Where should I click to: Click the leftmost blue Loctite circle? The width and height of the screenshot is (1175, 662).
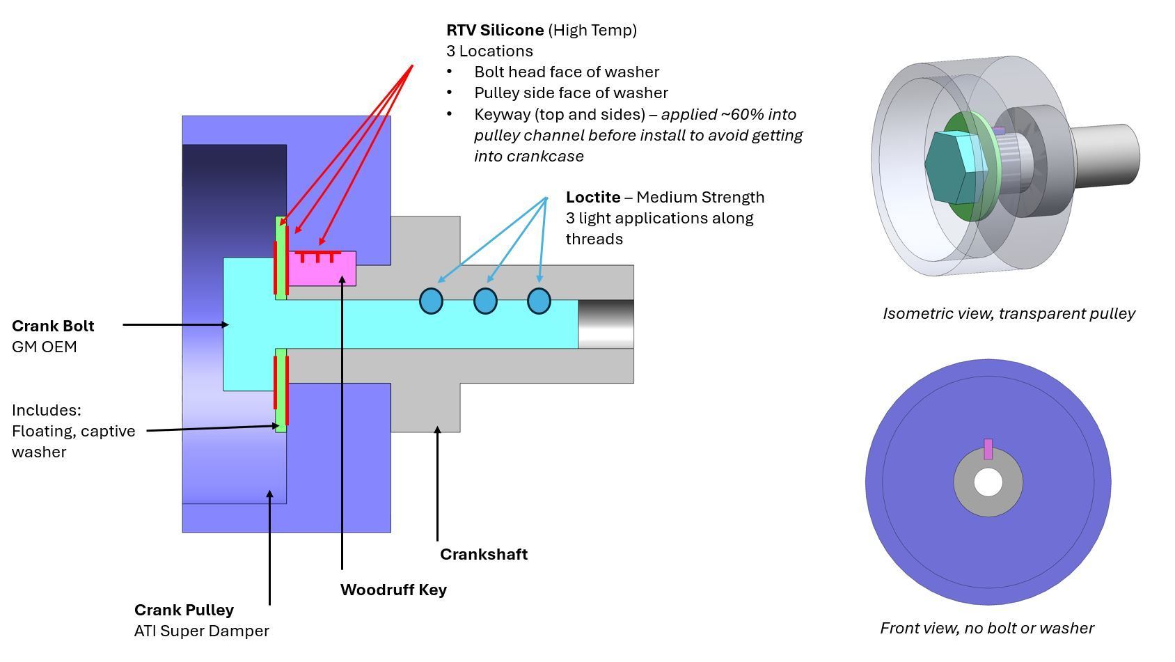[431, 301]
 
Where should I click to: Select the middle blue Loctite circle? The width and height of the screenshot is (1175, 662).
[485, 301]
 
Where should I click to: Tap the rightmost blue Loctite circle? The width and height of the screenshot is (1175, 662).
[539, 301]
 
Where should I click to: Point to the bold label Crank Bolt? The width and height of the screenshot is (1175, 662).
[53, 326]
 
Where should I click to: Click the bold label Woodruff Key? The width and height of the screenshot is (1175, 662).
[393, 590]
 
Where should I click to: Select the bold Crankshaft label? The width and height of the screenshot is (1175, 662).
[484, 554]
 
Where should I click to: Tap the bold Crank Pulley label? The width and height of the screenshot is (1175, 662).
[184, 610]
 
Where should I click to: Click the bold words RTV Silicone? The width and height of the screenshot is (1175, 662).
[495, 30]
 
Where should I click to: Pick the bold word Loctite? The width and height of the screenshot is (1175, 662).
[593, 197]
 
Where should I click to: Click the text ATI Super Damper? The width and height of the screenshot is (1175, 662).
[201, 631]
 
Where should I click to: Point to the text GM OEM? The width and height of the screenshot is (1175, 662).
[44, 347]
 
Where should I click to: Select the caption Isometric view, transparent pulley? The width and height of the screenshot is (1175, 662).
[1009, 313]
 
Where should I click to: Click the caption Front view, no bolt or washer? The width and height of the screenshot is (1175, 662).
[986, 628]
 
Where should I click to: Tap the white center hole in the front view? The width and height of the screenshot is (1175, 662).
[987, 482]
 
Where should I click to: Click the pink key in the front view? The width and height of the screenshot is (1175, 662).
[988, 449]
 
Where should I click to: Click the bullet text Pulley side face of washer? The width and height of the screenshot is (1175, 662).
[571, 93]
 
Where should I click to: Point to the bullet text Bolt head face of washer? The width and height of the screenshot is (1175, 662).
[567, 72]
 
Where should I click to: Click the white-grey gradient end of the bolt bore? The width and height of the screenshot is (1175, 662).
[606, 324]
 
